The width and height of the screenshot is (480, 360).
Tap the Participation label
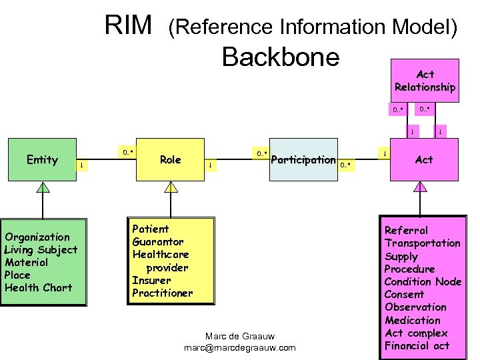pos(303,159)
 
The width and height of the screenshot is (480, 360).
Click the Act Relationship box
pos(425,81)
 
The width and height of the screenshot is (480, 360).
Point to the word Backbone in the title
pos(281,57)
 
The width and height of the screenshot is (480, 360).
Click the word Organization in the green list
pos(37,237)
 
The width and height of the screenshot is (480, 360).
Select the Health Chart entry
pos(38,287)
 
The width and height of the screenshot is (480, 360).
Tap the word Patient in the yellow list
pos(151,229)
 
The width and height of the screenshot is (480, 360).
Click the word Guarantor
pos(158,241)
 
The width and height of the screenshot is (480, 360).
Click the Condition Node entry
pos(423,281)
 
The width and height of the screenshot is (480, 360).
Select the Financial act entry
pos(417,345)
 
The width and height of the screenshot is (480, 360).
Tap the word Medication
pos(413,320)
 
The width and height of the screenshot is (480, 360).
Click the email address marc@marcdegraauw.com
pos(239,348)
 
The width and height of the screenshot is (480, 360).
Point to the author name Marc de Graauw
pos(239,335)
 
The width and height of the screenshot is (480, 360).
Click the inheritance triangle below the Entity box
pos(43,187)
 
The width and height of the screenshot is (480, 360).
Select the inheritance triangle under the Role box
pos(171,187)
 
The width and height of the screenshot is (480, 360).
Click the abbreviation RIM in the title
pos(129,26)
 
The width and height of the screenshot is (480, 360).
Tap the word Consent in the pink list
pos(404,294)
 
